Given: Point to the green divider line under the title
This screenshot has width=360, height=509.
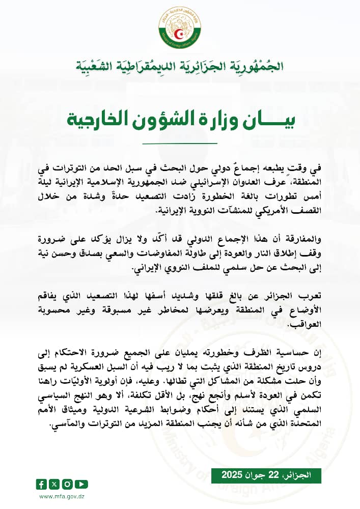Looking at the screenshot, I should click(x=180, y=143).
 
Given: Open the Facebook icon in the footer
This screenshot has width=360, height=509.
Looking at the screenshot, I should click(x=41, y=484).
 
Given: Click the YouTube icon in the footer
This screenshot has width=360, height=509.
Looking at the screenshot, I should click(x=82, y=484).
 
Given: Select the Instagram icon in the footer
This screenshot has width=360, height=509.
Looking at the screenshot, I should click(x=68, y=484).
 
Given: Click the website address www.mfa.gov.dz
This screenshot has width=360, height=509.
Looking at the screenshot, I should click(x=62, y=497).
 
